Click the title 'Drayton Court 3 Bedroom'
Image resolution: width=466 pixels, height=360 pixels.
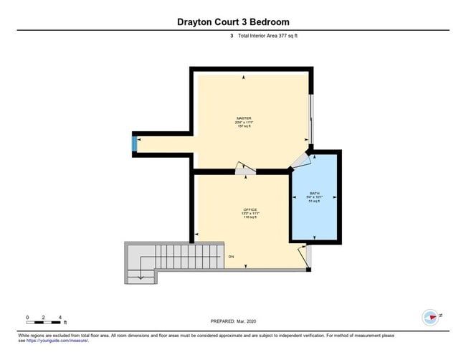tap(233, 22)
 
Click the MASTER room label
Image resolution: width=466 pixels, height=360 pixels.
tap(244, 118)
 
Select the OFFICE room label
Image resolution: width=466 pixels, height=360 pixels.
tap(249, 209)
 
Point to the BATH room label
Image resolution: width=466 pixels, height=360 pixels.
tap(315, 194)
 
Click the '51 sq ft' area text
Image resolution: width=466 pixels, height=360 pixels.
tap(315, 202)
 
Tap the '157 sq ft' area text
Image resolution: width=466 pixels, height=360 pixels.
tap(244, 126)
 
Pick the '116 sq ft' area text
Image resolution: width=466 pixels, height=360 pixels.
tap(249, 217)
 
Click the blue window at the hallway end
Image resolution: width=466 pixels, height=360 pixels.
tap(134, 144)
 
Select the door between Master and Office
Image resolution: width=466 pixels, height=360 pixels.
tap(245, 169)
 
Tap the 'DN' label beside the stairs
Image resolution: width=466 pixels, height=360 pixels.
tap(231, 256)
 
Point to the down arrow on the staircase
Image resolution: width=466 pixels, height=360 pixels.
tap(141, 275)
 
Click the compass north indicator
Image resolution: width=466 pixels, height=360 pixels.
tap(432, 317)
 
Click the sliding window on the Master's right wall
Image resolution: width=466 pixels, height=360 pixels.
tap(310, 118)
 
